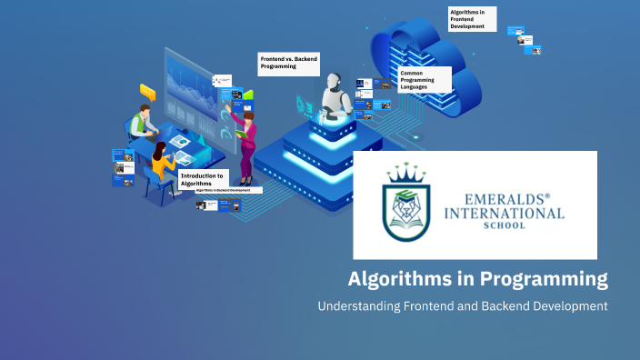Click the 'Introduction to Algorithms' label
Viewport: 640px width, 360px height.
[x=202, y=179]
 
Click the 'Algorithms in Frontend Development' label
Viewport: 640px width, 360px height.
[x=472, y=18]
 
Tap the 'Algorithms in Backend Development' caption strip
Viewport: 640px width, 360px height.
[x=229, y=191]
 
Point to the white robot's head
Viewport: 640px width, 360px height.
[x=333, y=85]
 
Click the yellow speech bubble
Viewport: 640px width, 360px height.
[x=147, y=90]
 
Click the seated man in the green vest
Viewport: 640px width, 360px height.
[x=140, y=123]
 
